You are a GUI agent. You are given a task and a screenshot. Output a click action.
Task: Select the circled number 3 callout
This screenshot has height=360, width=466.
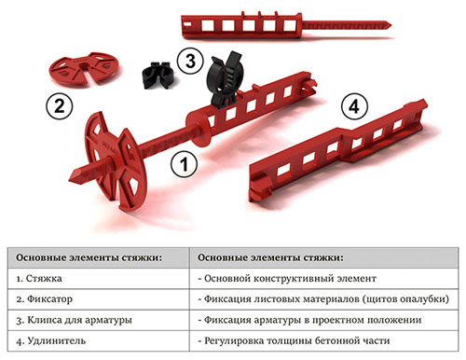tap(190, 62)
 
